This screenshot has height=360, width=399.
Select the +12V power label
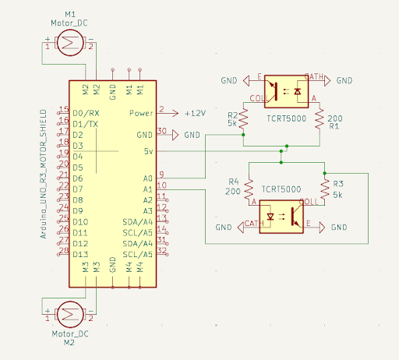[x=195, y=113]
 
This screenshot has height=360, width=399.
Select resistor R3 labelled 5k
[x=324, y=188]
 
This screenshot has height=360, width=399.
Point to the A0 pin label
[x=148, y=178]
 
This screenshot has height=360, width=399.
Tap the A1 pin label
[x=148, y=189]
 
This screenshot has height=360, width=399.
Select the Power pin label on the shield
[x=140, y=113]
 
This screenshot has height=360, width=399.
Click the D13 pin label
[x=83, y=254]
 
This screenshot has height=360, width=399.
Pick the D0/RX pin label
[x=86, y=113]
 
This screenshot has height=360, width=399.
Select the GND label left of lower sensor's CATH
[x=224, y=227]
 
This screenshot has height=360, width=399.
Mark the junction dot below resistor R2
[x=243, y=134]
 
